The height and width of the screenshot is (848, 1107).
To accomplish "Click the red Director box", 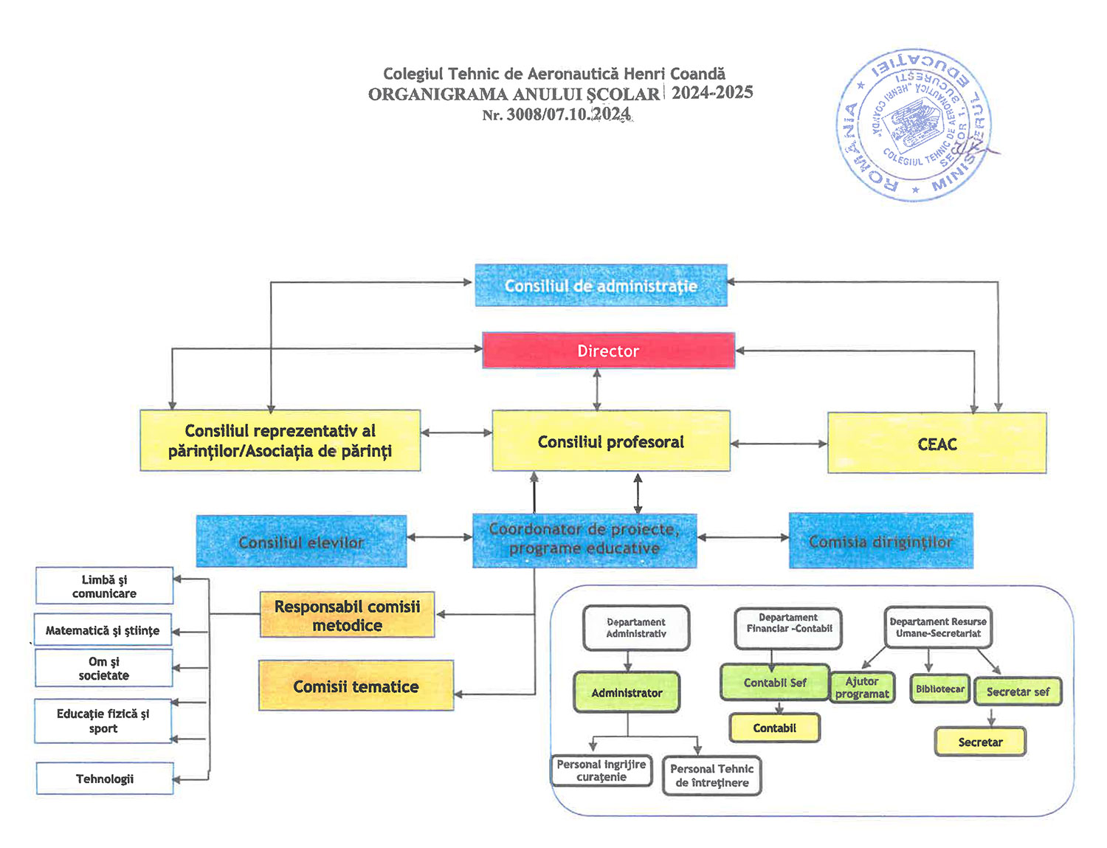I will point(608,351).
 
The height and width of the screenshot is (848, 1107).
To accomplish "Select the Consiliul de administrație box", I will point(601,286).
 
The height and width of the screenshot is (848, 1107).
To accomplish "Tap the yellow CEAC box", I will point(937,444).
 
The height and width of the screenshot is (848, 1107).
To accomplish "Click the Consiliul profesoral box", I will point(610,441).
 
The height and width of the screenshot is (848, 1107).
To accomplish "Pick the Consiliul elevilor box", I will point(301,542).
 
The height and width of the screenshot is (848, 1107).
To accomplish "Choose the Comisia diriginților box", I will point(880,541).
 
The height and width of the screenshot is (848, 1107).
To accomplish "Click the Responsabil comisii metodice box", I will point(347,615).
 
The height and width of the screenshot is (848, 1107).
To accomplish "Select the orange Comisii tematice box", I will point(356,686).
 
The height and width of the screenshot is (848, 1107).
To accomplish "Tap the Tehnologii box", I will point(105,779).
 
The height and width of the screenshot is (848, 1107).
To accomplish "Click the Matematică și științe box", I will point(103,630).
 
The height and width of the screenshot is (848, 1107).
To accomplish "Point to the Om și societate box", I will point(104,668).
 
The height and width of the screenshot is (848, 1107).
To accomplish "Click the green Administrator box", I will point(627,692).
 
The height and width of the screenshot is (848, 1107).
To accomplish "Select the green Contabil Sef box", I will point(774,683).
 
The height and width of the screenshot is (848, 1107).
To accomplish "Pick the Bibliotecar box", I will point(939,689).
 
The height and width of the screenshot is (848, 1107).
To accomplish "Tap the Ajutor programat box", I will point(862,687).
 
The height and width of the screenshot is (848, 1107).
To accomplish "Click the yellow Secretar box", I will point(980,742).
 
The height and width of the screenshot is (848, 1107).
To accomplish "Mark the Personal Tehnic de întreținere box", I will point(711,775).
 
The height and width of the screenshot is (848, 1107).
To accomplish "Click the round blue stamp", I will point(914,126).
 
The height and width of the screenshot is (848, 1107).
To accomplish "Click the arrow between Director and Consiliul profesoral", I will point(597,389).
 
